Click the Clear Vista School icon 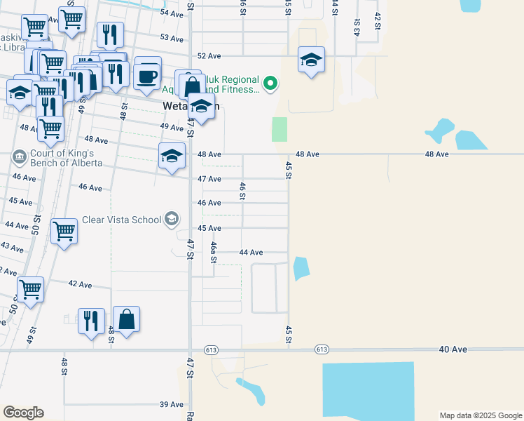171,220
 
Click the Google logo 23,413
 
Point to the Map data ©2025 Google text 481,415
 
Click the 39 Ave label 172,404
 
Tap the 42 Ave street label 81,284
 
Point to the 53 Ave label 172,37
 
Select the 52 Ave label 209,55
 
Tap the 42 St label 378,21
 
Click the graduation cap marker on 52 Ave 311,59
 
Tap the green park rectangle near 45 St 280,129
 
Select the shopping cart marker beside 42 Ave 31,288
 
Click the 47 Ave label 209,179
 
